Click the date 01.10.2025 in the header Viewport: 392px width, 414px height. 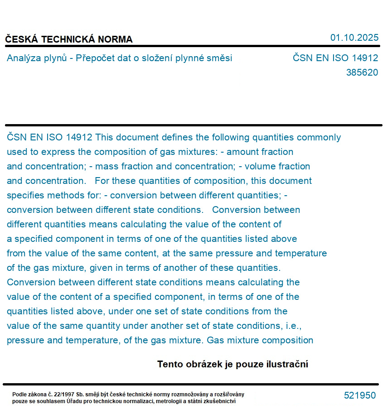pos(354,38)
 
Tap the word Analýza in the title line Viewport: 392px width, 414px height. pos(23,58)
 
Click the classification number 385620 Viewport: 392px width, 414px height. pos(362,72)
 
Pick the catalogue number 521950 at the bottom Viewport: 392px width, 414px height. pos(360,395)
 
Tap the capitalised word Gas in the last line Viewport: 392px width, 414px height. pos(216,340)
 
